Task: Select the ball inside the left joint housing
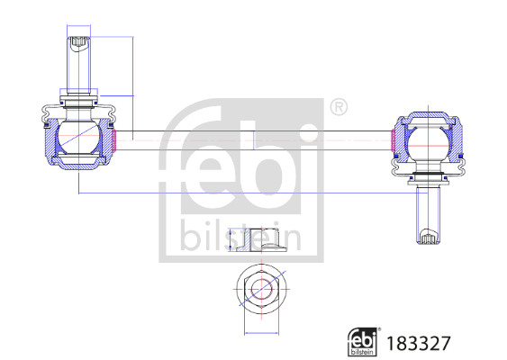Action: (77, 139)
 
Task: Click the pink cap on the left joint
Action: (115, 140)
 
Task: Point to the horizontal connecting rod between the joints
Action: (252, 139)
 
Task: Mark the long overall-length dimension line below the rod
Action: (252, 193)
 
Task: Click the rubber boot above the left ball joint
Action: (77, 111)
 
